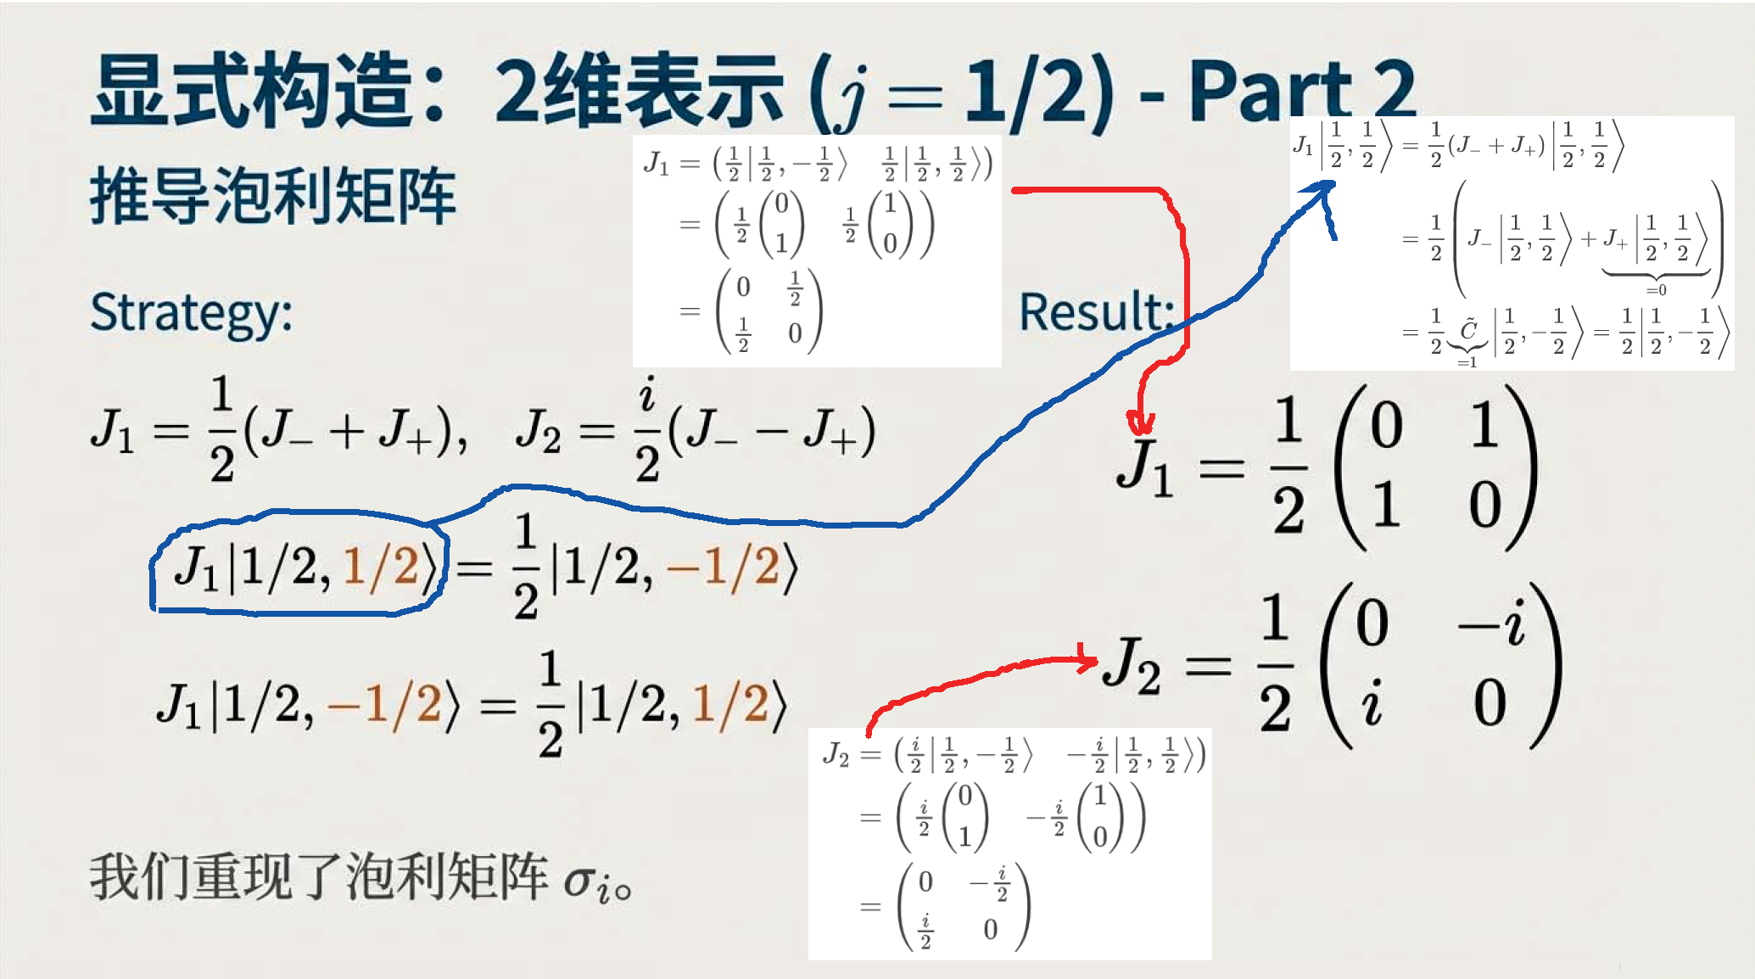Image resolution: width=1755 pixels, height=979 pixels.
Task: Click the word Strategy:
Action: [192, 314]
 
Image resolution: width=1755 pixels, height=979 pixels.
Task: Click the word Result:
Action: [1097, 311]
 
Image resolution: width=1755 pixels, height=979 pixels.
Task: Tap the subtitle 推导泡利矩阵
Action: [273, 196]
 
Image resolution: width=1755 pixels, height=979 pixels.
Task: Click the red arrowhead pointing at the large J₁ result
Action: [1140, 422]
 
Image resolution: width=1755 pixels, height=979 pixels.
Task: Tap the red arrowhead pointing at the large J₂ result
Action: [1087, 657]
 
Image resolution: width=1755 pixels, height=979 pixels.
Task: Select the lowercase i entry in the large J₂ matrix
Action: [1372, 702]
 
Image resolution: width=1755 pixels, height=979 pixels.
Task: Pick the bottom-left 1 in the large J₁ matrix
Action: [1385, 504]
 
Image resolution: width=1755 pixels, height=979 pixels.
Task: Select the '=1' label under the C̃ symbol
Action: [1467, 362]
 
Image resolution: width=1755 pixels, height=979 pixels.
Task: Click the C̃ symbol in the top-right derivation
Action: [1468, 329]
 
